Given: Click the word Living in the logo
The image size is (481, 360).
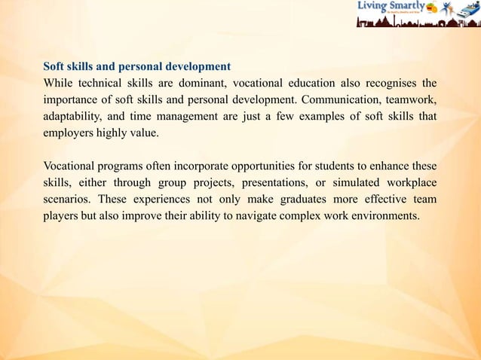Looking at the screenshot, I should point(372,7).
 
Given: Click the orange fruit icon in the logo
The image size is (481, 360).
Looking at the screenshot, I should point(431,8).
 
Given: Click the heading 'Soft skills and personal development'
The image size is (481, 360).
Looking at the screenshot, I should point(136,66).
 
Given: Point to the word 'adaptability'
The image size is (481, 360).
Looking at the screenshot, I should point(73,115).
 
